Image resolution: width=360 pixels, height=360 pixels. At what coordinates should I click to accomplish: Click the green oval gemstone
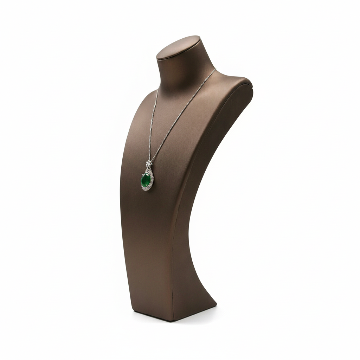tap(146, 180)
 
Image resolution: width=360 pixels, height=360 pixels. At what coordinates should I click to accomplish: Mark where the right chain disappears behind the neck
tap(215, 69)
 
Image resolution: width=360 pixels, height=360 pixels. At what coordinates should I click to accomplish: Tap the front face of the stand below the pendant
tap(148, 246)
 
